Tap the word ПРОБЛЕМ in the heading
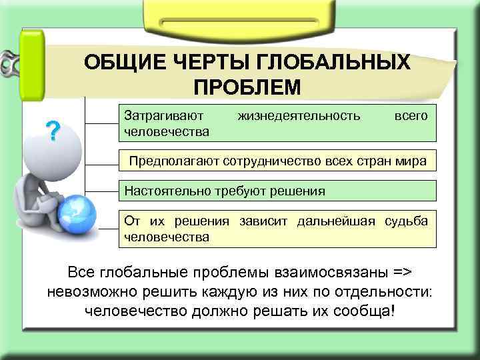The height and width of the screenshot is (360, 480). [x=247, y=87]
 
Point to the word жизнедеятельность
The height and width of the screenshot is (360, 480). [x=299, y=116]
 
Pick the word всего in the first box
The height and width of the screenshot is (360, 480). [x=411, y=116]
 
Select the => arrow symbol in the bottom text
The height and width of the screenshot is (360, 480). [x=398, y=273]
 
